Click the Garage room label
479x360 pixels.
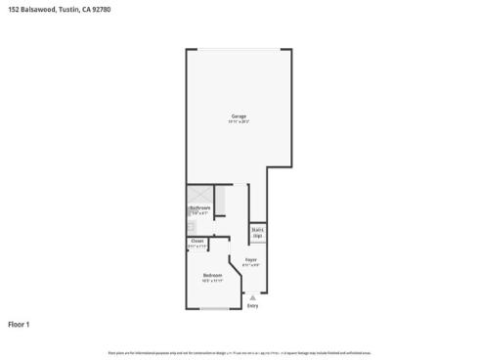(239, 116)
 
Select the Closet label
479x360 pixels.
(197, 242)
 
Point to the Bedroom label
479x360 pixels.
(212, 275)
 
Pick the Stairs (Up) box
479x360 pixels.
(258, 234)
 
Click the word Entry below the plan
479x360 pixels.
(252, 306)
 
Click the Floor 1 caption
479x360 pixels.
(20, 323)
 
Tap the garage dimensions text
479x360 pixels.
(239, 122)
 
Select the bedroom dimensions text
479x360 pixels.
(212, 281)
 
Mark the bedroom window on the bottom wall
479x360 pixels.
(214, 309)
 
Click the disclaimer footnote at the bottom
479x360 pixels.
(239, 352)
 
